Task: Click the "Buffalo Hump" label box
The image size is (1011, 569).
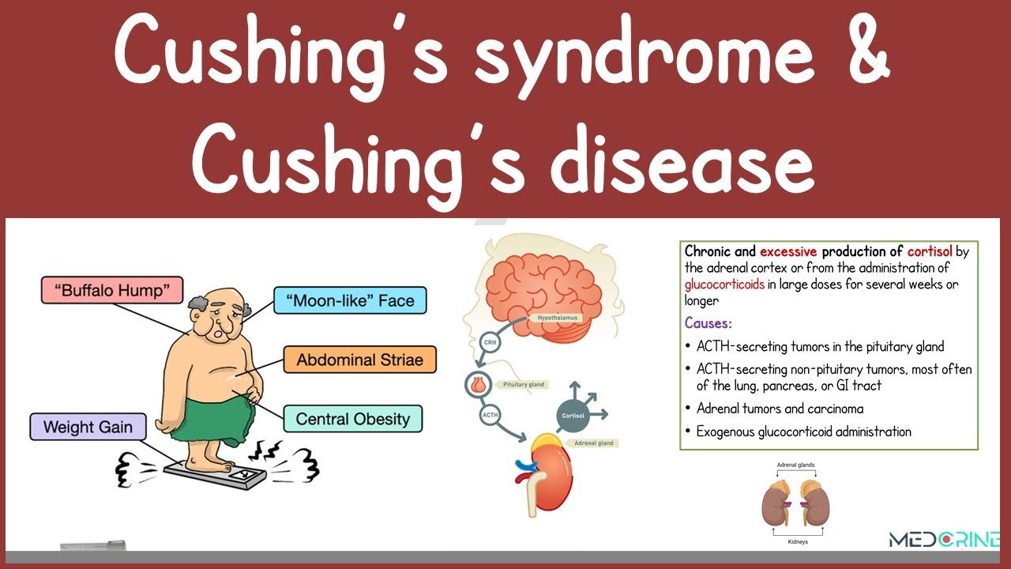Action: pos(111,290)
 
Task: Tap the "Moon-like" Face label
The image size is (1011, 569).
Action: pos(349,300)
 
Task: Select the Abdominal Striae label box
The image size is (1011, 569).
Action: pos(359,360)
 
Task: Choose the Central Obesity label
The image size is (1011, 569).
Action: pos(353,418)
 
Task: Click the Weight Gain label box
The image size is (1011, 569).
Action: pos(88,427)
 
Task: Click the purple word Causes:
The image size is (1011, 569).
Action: pos(708,323)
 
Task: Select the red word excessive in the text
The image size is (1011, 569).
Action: pos(788,252)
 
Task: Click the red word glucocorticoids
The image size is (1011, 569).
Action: pos(724,284)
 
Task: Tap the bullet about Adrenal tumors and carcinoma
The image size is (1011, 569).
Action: pos(779,409)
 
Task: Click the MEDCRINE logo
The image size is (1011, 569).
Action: pos(944,540)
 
